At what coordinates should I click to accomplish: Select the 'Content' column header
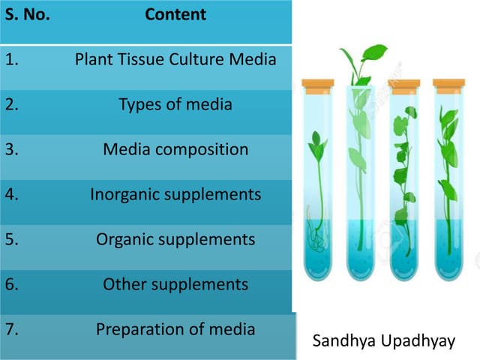pos(175,14)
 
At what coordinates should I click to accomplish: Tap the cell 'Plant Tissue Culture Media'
pos(175,58)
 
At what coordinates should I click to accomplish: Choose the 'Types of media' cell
pos(175,104)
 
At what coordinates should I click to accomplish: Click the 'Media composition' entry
pos(175,149)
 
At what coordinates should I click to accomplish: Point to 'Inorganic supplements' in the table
pos(175,194)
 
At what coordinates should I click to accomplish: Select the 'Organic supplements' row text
pos(175,239)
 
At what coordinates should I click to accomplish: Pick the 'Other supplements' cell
pos(175,284)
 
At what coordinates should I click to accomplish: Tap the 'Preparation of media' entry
pos(175,328)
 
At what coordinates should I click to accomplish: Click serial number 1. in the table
pos(12,59)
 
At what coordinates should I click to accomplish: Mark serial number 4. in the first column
pos(12,194)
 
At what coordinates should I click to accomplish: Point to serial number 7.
pos(12,329)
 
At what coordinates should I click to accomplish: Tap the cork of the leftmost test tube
pos(317,83)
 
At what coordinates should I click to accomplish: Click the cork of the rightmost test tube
pos(448,83)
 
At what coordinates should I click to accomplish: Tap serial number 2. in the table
pos(12,104)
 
